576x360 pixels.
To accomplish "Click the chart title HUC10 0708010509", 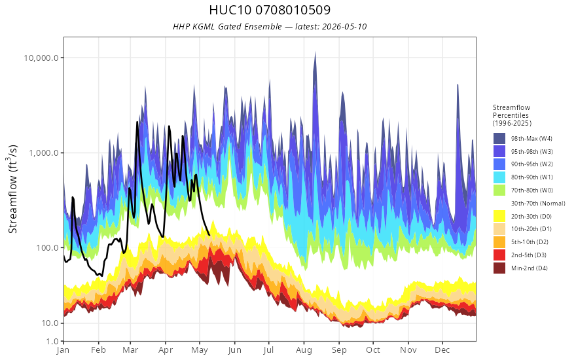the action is [270, 10].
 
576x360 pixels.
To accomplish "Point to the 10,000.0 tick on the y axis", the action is [41, 58].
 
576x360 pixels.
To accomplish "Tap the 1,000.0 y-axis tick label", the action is [44, 153].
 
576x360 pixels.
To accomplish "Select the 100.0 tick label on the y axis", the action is [47, 248].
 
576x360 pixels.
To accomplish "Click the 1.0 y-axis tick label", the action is [52, 341].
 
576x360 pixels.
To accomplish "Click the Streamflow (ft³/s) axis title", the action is [13, 189].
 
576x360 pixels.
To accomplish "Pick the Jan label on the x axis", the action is [63, 350].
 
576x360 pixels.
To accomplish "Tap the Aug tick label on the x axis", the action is [304, 350].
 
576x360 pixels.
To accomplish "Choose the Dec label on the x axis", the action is [442, 350].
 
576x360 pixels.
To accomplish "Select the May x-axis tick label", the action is [200, 350].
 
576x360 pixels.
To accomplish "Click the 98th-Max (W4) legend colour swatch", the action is [499, 139].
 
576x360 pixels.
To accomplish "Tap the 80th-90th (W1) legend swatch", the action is [499, 177].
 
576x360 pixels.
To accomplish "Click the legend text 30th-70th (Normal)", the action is [538, 204].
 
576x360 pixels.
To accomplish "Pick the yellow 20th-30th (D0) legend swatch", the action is [499, 217].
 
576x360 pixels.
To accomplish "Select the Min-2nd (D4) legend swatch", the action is [499, 268].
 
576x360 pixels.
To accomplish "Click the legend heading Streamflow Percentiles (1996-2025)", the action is [512, 115].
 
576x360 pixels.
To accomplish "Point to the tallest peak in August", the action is [315, 52].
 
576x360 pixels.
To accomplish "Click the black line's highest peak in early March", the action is [137, 122].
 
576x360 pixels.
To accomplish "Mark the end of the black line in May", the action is [209, 235].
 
